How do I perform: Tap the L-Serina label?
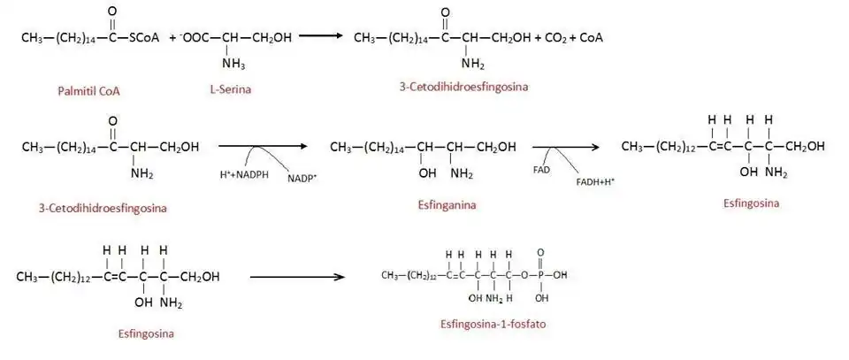(228, 90)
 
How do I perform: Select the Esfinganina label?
(447, 203)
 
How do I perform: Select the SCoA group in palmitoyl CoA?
(142, 38)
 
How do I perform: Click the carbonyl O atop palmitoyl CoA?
(111, 12)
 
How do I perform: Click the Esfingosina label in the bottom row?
(145, 334)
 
